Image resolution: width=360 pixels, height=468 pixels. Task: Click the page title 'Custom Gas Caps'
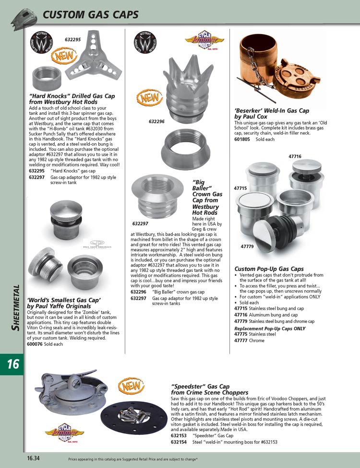91,14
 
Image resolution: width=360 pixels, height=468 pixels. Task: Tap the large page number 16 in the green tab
13,364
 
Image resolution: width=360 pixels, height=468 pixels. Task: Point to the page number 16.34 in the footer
33,458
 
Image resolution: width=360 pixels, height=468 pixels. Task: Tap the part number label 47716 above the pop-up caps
295,157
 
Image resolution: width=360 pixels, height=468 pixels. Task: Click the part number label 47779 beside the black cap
247,246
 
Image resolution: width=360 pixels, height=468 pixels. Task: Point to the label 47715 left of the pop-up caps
240,188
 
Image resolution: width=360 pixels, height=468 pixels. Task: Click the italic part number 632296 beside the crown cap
156,122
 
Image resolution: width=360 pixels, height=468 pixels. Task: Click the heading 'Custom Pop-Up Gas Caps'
269,269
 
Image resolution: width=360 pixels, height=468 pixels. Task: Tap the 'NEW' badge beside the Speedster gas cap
129,385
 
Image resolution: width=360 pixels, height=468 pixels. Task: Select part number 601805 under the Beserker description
243,139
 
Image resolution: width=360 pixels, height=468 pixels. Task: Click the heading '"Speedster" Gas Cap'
201,386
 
